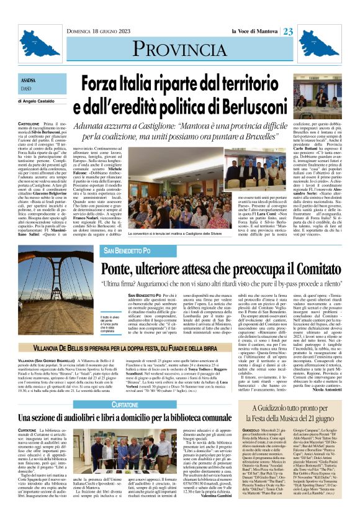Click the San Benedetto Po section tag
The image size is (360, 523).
[x=128, y=250]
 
